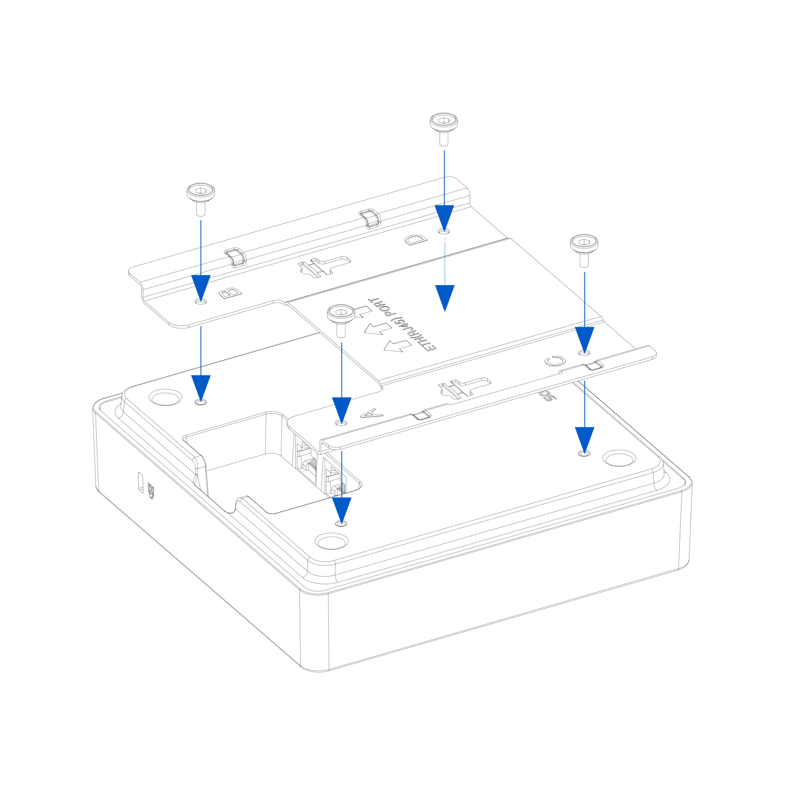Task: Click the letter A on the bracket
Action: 372,414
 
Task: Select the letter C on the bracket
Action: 555,360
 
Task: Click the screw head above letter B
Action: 201,192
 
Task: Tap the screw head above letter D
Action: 444,122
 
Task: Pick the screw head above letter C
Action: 584,243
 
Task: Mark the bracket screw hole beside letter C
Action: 584,353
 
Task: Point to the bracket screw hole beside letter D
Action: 444,231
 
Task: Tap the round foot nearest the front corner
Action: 332,541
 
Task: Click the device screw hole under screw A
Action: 341,523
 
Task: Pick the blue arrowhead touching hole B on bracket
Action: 201,286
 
